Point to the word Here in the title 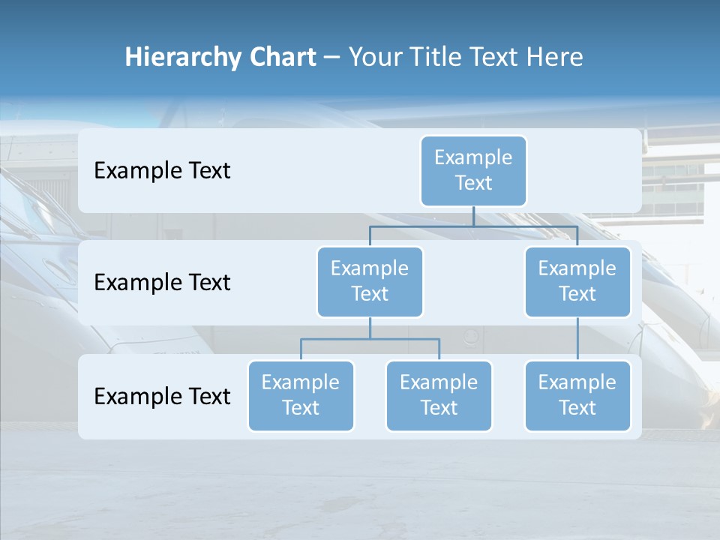point(556,58)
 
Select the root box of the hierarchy point(473,170)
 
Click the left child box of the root point(370,281)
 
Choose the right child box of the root point(577,281)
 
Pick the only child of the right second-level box point(577,395)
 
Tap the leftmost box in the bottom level point(301,395)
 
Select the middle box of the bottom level point(439,395)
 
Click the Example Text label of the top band point(162,170)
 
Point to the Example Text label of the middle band point(162,282)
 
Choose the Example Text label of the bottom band point(162,396)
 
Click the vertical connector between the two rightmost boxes point(577,339)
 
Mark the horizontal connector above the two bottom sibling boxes point(370,339)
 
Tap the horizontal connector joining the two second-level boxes point(473,226)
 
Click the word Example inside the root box point(473,157)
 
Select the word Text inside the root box point(473,183)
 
